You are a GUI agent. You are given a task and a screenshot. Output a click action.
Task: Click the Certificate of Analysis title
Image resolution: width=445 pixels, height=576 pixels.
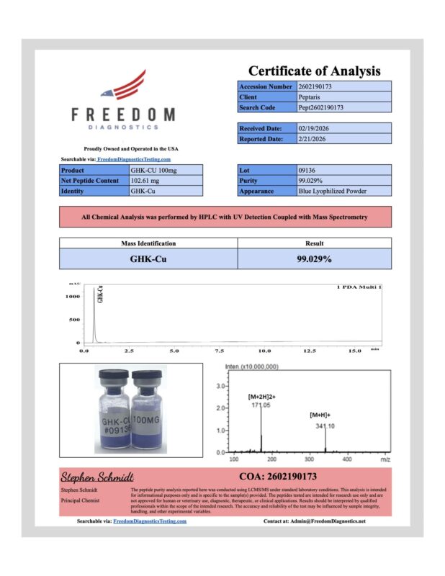(314, 71)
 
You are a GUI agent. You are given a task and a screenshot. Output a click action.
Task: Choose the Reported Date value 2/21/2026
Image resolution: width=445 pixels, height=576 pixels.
(315, 138)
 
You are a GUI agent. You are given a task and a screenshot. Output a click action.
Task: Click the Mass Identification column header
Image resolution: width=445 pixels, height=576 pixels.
(148, 243)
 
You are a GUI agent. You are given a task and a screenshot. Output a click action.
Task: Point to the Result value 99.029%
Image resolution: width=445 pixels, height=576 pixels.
(314, 258)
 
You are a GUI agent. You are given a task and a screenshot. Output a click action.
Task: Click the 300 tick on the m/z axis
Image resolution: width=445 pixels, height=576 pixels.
(309, 459)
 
